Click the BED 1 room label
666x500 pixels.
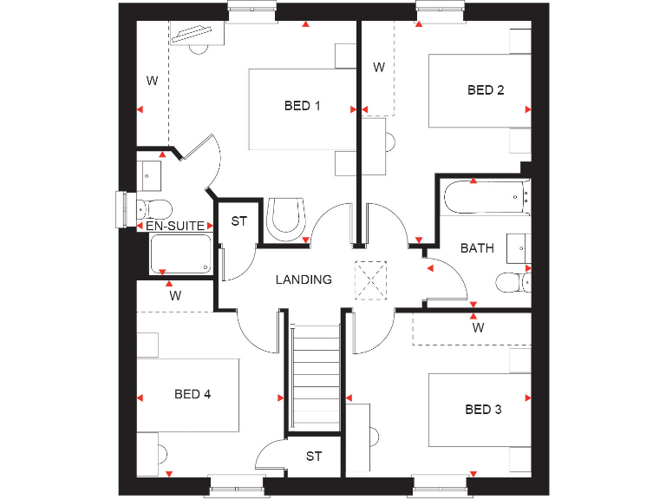pyautogui.click(x=303, y=106)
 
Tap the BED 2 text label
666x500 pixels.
pyautogui.click(x=486, y=89)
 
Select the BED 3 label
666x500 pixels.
pyautogui.click(x=483, y=409)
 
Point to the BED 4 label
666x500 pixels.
pyautogui.click(x=193, y=393)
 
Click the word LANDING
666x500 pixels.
pyautogui.click(x=304, y=280)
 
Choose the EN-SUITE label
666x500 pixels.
pyautogui.click(x=175, y=226)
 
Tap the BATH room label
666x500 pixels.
pyautogui.click(x=477, y=247)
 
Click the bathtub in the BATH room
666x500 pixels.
pyautogui.click(x=485, y=198)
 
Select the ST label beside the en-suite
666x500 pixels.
pyautogui.click(x=238, y=221)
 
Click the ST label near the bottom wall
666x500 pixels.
pyautogui.click(x=313, y=456)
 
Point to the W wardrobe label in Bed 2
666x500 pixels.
pyautogui.click(x=379, y=67)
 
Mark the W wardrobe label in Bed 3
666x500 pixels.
pyautogui.click(x=478, y=329)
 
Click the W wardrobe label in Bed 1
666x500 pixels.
pyautogui.click(x=152, y=81)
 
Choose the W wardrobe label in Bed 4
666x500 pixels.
pyautogui.click(x=175, y=295)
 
